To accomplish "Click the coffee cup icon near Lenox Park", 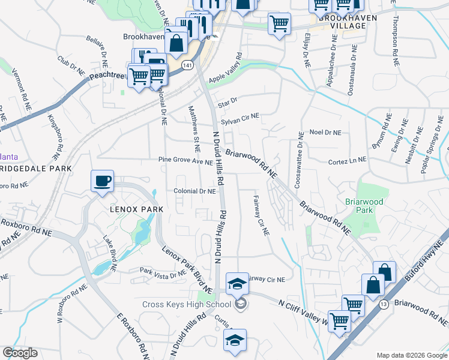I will pyautogui.click(x=103, y=180).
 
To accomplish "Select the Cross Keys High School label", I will pyautogui.click(x=186, y=304).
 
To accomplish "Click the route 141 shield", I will pyautogui.click(x=188, y=65).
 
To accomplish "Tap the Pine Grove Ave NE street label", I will pyautogui.click(x=185, y=161).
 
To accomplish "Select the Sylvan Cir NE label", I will pyautogui.click(x=240, y=120).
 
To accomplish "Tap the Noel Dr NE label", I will pyautogui.click(x=325, y=132).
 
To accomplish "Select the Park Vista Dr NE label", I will pyautogui.click(x=163, y=274).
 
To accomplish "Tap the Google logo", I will pyautogui.click(x=20, y=353).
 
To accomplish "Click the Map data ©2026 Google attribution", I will pyautogui.click(x=411, y=355).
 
